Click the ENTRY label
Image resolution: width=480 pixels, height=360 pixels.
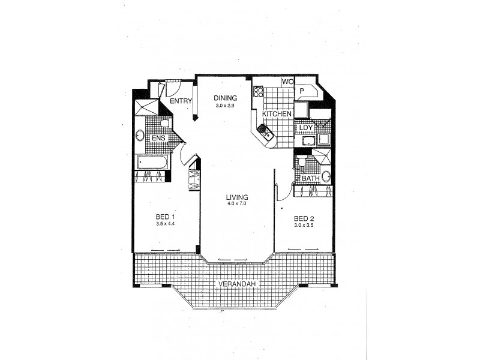click(x=180, y=101)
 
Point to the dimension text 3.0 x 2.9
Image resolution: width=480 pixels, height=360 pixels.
click(x=226, y=106)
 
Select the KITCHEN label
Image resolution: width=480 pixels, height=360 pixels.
click(x=277, y=113)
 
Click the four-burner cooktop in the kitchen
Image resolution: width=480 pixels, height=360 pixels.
click(x=259, y=91)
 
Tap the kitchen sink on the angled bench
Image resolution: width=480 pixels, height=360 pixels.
click(x=266, y=132)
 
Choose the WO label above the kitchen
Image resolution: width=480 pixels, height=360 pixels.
click(x=287, y=82)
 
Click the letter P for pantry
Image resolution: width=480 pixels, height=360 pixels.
click(x=302, y=91)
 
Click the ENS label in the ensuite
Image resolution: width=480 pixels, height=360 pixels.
click(x=158, y=139)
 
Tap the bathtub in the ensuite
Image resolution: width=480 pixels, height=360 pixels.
click(x=152, y=162)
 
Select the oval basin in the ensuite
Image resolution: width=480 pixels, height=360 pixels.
click(x=140, y=135)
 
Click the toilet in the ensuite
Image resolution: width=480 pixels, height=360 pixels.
click(x=164, y=123)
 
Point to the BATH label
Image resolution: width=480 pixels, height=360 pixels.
click(x=311, y=178)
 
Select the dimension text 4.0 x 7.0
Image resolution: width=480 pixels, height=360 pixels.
click(x=237, y=204)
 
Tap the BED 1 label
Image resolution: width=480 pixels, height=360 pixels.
click(x=165, y=217)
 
